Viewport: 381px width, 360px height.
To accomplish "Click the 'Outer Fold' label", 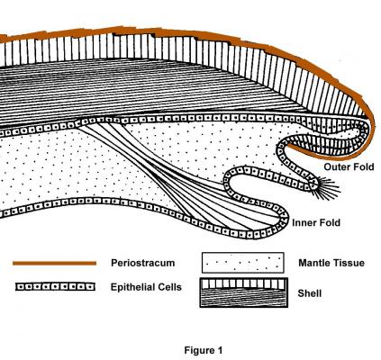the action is [349, 166].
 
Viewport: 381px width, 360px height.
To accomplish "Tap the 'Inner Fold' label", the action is [316, 222].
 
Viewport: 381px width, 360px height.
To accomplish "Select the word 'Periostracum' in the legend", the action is [143, 263].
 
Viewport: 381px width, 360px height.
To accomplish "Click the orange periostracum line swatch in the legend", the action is [54, 264].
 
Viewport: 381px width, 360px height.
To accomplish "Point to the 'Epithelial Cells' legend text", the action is [146, 287].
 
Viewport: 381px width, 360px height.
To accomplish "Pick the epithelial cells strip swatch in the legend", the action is [55, 287].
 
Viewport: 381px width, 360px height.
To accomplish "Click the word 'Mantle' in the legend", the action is [314, 263].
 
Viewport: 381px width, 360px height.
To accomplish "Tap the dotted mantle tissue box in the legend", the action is [243, 263].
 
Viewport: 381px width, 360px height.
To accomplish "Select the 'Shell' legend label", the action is [310, 293].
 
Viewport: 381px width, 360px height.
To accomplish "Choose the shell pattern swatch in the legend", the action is [244, 292].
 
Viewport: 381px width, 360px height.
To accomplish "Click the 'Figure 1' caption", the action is [204, 350].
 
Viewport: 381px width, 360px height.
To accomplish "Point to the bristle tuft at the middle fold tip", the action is [327, 188].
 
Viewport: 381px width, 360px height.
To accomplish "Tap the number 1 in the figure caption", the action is [220, 350].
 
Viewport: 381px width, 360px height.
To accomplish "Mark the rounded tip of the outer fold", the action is [370, 132].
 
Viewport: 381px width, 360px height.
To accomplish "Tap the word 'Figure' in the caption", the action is [199, 350].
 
